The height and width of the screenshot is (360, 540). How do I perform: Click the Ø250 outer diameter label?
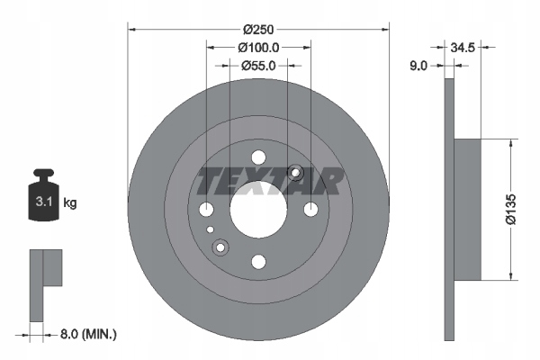(x=258, y=30)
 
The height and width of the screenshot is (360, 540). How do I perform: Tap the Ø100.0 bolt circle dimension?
(x=258, y=48)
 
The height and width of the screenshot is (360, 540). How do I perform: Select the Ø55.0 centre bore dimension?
(x=258, y=66)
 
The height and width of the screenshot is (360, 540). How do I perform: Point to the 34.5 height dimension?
(x=463, y=48)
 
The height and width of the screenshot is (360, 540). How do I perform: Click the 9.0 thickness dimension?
(x=418, y=66)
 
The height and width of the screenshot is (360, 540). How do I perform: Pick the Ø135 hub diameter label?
(x=511, y=209)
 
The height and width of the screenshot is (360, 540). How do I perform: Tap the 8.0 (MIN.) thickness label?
(x=88, y=334)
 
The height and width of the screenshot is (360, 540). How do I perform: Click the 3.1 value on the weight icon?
(x=44, y=202)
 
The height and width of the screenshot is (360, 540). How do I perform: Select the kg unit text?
(x=70, y=202)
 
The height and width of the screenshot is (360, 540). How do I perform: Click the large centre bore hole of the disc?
(x=258, y=210)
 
